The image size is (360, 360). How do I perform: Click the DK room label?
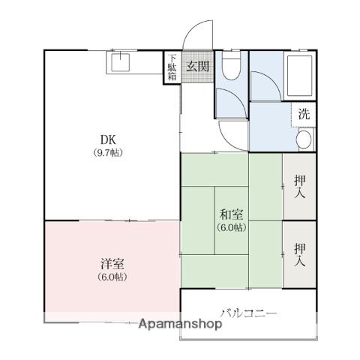click(108, 139)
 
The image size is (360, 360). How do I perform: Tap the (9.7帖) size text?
click(108, 152)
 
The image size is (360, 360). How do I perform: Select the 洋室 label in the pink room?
click(112, 264)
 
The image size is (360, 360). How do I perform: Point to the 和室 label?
click(231, 214)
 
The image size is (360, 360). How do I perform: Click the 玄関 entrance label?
click(197, 66)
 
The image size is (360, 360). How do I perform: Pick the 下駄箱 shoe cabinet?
click(172, 67)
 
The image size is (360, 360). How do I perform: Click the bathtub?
click(300, 76)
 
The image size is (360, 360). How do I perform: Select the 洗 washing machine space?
click(304, 114)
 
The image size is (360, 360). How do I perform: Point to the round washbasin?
click(304, 139)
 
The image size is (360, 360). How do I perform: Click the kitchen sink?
click(121, 62)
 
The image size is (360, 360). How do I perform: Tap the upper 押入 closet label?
click(300, 187)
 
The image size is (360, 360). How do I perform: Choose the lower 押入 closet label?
click(300, 255)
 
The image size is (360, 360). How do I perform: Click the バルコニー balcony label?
click(249, 313)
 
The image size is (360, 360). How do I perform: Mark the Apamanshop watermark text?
click(180, 324)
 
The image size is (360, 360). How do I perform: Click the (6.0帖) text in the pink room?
click(112, 277)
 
